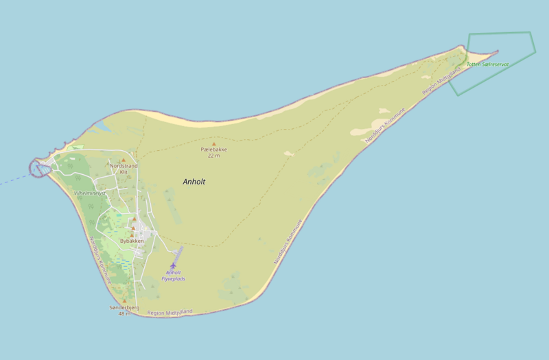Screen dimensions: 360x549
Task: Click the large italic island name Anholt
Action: coord(194,182)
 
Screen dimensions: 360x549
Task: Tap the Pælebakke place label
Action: coord(213,149)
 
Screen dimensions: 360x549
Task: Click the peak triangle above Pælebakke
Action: coord(213,143)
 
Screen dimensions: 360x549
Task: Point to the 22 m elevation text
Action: coord(213,156)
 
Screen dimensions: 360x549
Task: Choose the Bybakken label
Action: coord(132,241)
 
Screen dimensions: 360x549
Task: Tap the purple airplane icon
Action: coord(173,265)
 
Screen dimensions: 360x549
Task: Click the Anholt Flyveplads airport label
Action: coord(173,276)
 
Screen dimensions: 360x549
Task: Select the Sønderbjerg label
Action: coord(124,308)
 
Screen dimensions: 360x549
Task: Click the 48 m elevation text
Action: coord(124,314)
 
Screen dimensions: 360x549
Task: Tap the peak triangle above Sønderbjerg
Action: coord(124,301)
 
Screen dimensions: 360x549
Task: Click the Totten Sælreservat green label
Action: coord(487,64)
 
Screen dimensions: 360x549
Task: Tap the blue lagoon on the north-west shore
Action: coord(100,126)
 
